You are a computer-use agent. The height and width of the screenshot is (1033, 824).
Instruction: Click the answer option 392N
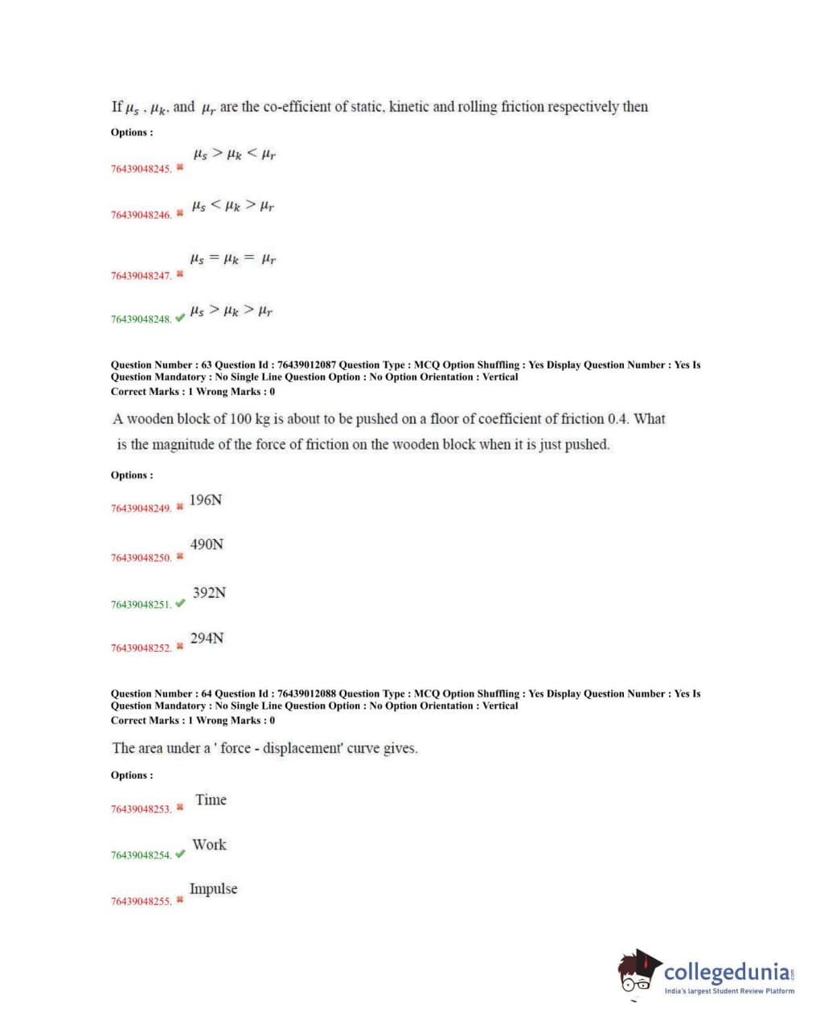click(209, 593)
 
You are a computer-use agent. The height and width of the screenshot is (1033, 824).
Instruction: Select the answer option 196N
click(206, 500)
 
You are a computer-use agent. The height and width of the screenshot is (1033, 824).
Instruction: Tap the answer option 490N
click(207, 545)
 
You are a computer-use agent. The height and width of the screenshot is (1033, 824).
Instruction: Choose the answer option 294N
click(207, 639)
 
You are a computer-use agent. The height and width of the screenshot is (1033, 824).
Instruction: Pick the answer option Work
click(209, 845)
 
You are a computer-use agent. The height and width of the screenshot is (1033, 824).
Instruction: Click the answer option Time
click(211, 800)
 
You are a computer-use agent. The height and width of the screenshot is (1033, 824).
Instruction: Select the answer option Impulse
click(213, 889)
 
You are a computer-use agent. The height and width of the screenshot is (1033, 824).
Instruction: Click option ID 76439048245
click(141, 169)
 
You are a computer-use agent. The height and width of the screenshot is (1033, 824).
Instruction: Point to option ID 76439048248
click(141, 319)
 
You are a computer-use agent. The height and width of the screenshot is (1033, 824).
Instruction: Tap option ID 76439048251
click(141, 604)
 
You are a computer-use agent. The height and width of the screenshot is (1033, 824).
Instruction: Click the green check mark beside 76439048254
click(180, 854)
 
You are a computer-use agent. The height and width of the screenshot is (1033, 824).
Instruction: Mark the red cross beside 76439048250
click(180, 557)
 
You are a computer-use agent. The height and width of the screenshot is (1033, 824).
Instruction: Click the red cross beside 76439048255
click(180, 900)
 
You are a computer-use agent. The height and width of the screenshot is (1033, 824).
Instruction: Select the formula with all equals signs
click(233, 259)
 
